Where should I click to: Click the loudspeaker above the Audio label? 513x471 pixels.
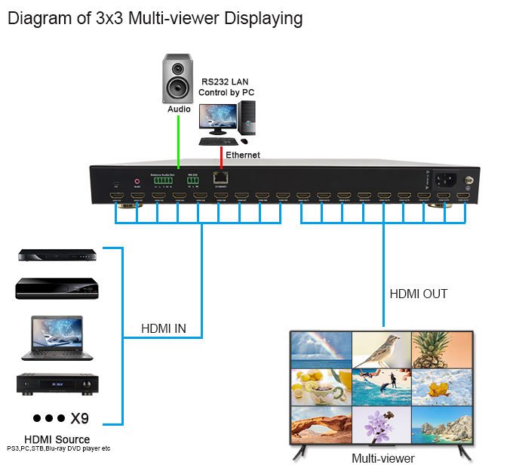click(x=179, y=78)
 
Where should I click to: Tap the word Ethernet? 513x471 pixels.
click(x=242, y=155)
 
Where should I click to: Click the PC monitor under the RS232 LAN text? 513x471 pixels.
click(x=218, y=119)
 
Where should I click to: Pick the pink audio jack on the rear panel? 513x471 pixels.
click(x=137, y=181)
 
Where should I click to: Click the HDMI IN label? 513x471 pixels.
click(x=164, y=329)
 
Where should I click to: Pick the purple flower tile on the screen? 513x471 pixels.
click(x=381, y=423)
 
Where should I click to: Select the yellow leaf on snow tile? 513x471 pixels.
click(x=441, y=386)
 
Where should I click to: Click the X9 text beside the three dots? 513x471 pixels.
click(x=80, y=419)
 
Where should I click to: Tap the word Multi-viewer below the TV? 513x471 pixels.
click(x=383, y=458)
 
